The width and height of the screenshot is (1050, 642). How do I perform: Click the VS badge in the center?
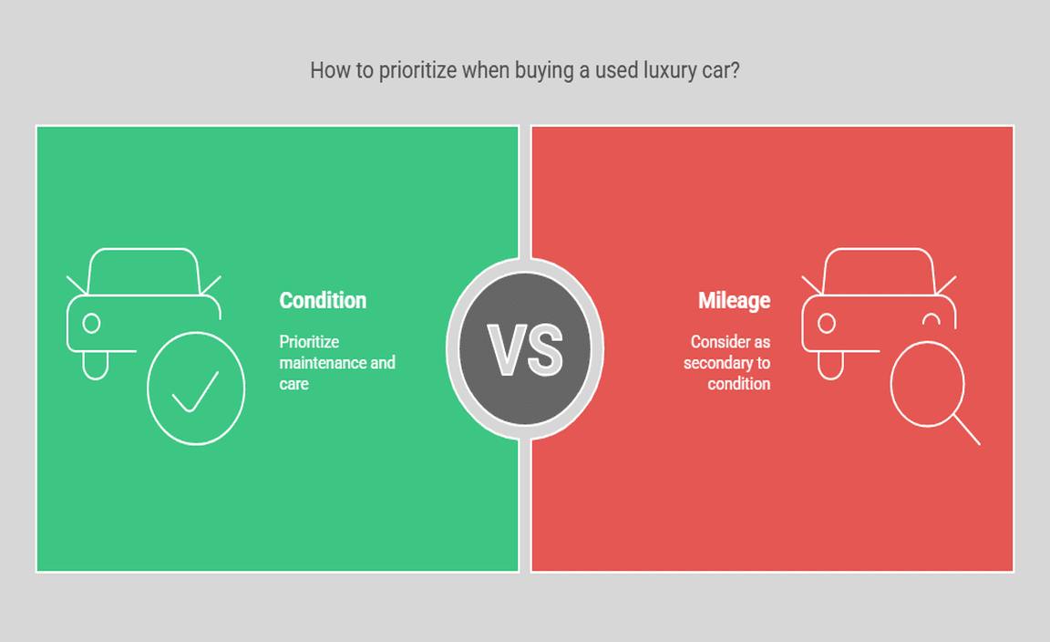click(x=525, y=349)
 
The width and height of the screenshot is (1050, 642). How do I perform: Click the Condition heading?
click(x=323, y=300)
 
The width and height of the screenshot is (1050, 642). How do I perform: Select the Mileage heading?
click(x=734, y=300)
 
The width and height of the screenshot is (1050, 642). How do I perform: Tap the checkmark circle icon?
click(x=196, y=388)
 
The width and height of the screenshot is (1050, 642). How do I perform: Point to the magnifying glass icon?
click(x=935, y=393)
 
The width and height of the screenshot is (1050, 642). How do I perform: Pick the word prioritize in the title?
click(x=417, y=70)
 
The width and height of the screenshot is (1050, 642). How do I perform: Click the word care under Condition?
click(x=294, y=384)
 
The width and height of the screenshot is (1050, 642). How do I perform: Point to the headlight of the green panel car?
click(x=92, y=324)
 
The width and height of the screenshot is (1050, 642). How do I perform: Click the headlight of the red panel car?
click(x=827, y=324)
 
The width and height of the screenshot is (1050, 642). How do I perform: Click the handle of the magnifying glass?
click(x=966, y=430)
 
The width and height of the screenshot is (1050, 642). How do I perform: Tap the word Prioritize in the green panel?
click(x=309, y=342)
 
